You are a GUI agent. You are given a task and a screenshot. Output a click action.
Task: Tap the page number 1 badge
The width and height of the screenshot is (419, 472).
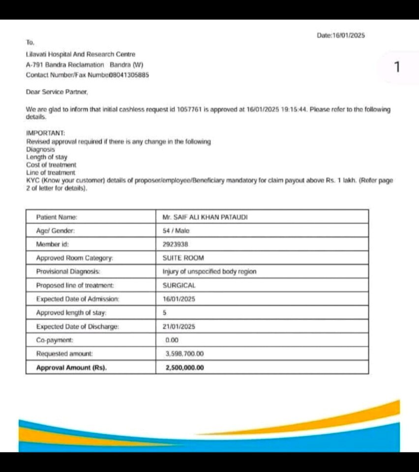tap(398, 67)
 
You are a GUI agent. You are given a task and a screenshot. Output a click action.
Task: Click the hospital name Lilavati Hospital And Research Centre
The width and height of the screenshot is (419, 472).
tap(81, 55)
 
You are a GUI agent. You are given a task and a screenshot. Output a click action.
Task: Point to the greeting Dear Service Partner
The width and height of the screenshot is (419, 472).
tap(57, 92)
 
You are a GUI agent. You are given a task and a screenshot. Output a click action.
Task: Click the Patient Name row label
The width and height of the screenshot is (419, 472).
tap(57, 217)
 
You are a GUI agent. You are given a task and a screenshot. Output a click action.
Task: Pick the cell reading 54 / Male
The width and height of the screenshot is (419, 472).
tap(176, 230)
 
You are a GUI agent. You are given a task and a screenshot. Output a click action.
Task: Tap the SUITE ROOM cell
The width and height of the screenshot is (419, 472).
tap(183, 257)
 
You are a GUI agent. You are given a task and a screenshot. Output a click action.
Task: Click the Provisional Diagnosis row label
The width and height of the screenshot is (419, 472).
tap(68, 271)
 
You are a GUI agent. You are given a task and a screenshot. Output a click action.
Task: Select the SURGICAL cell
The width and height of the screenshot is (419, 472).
tap(179, 285)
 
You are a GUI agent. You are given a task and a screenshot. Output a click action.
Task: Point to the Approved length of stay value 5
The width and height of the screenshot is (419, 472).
tap(165, 312)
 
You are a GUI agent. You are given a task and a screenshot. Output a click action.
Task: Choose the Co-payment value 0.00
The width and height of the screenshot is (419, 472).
tap(172, 340)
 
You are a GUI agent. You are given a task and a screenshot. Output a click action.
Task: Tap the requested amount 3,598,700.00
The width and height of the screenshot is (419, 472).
tap(185, 354)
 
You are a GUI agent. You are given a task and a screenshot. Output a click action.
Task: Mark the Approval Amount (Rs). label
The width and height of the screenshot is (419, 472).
tap(72, 367)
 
